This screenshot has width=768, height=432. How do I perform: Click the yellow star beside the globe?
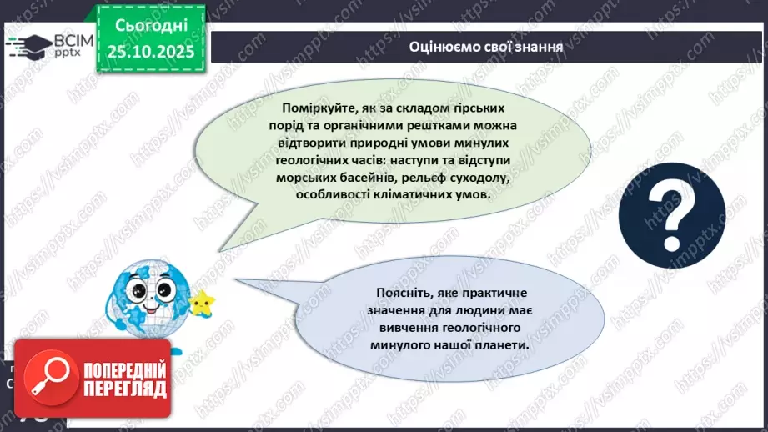[x=201, y=301]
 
